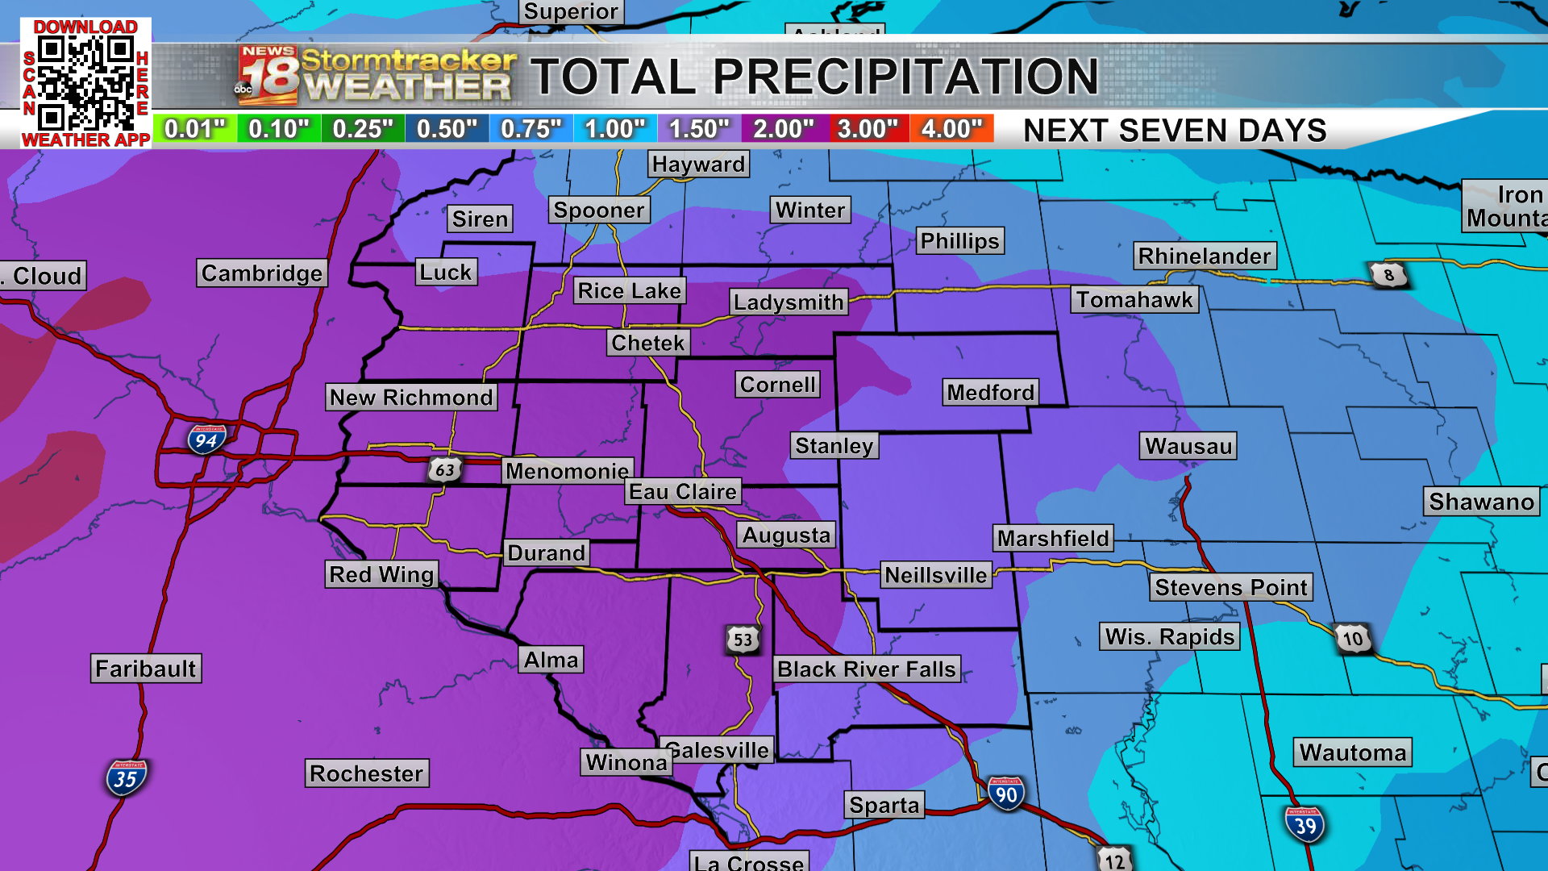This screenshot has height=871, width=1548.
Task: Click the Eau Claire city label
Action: (683, 491)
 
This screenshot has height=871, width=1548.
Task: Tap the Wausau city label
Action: (1188, 446)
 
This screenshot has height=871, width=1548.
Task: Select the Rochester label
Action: (367, 773)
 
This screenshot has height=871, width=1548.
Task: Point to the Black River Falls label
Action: (867, 669)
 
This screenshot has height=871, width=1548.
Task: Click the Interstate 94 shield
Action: (206, 440)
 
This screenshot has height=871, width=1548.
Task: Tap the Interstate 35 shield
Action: (126, 778)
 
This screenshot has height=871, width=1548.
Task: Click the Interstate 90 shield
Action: (1005, 794)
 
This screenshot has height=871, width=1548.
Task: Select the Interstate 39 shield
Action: (1305, 824)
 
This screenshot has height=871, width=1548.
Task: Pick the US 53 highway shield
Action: (743, 640)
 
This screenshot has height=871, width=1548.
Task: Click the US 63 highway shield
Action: (444, 469)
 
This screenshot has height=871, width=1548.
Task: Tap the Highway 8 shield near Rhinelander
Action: (1388, 275)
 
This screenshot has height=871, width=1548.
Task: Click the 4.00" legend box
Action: (951, 129)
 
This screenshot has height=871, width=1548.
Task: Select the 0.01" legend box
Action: (195, 129)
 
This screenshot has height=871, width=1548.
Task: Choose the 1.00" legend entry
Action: (615, 129)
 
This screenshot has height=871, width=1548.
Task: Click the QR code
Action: (85, 83)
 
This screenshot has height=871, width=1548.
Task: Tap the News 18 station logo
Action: (268, 76)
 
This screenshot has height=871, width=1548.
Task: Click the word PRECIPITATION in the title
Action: (905, 77)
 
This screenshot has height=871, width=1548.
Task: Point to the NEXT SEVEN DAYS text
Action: (1175, 131)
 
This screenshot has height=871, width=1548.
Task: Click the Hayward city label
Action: (698, 164)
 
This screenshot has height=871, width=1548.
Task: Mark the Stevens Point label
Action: (1230, 587)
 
